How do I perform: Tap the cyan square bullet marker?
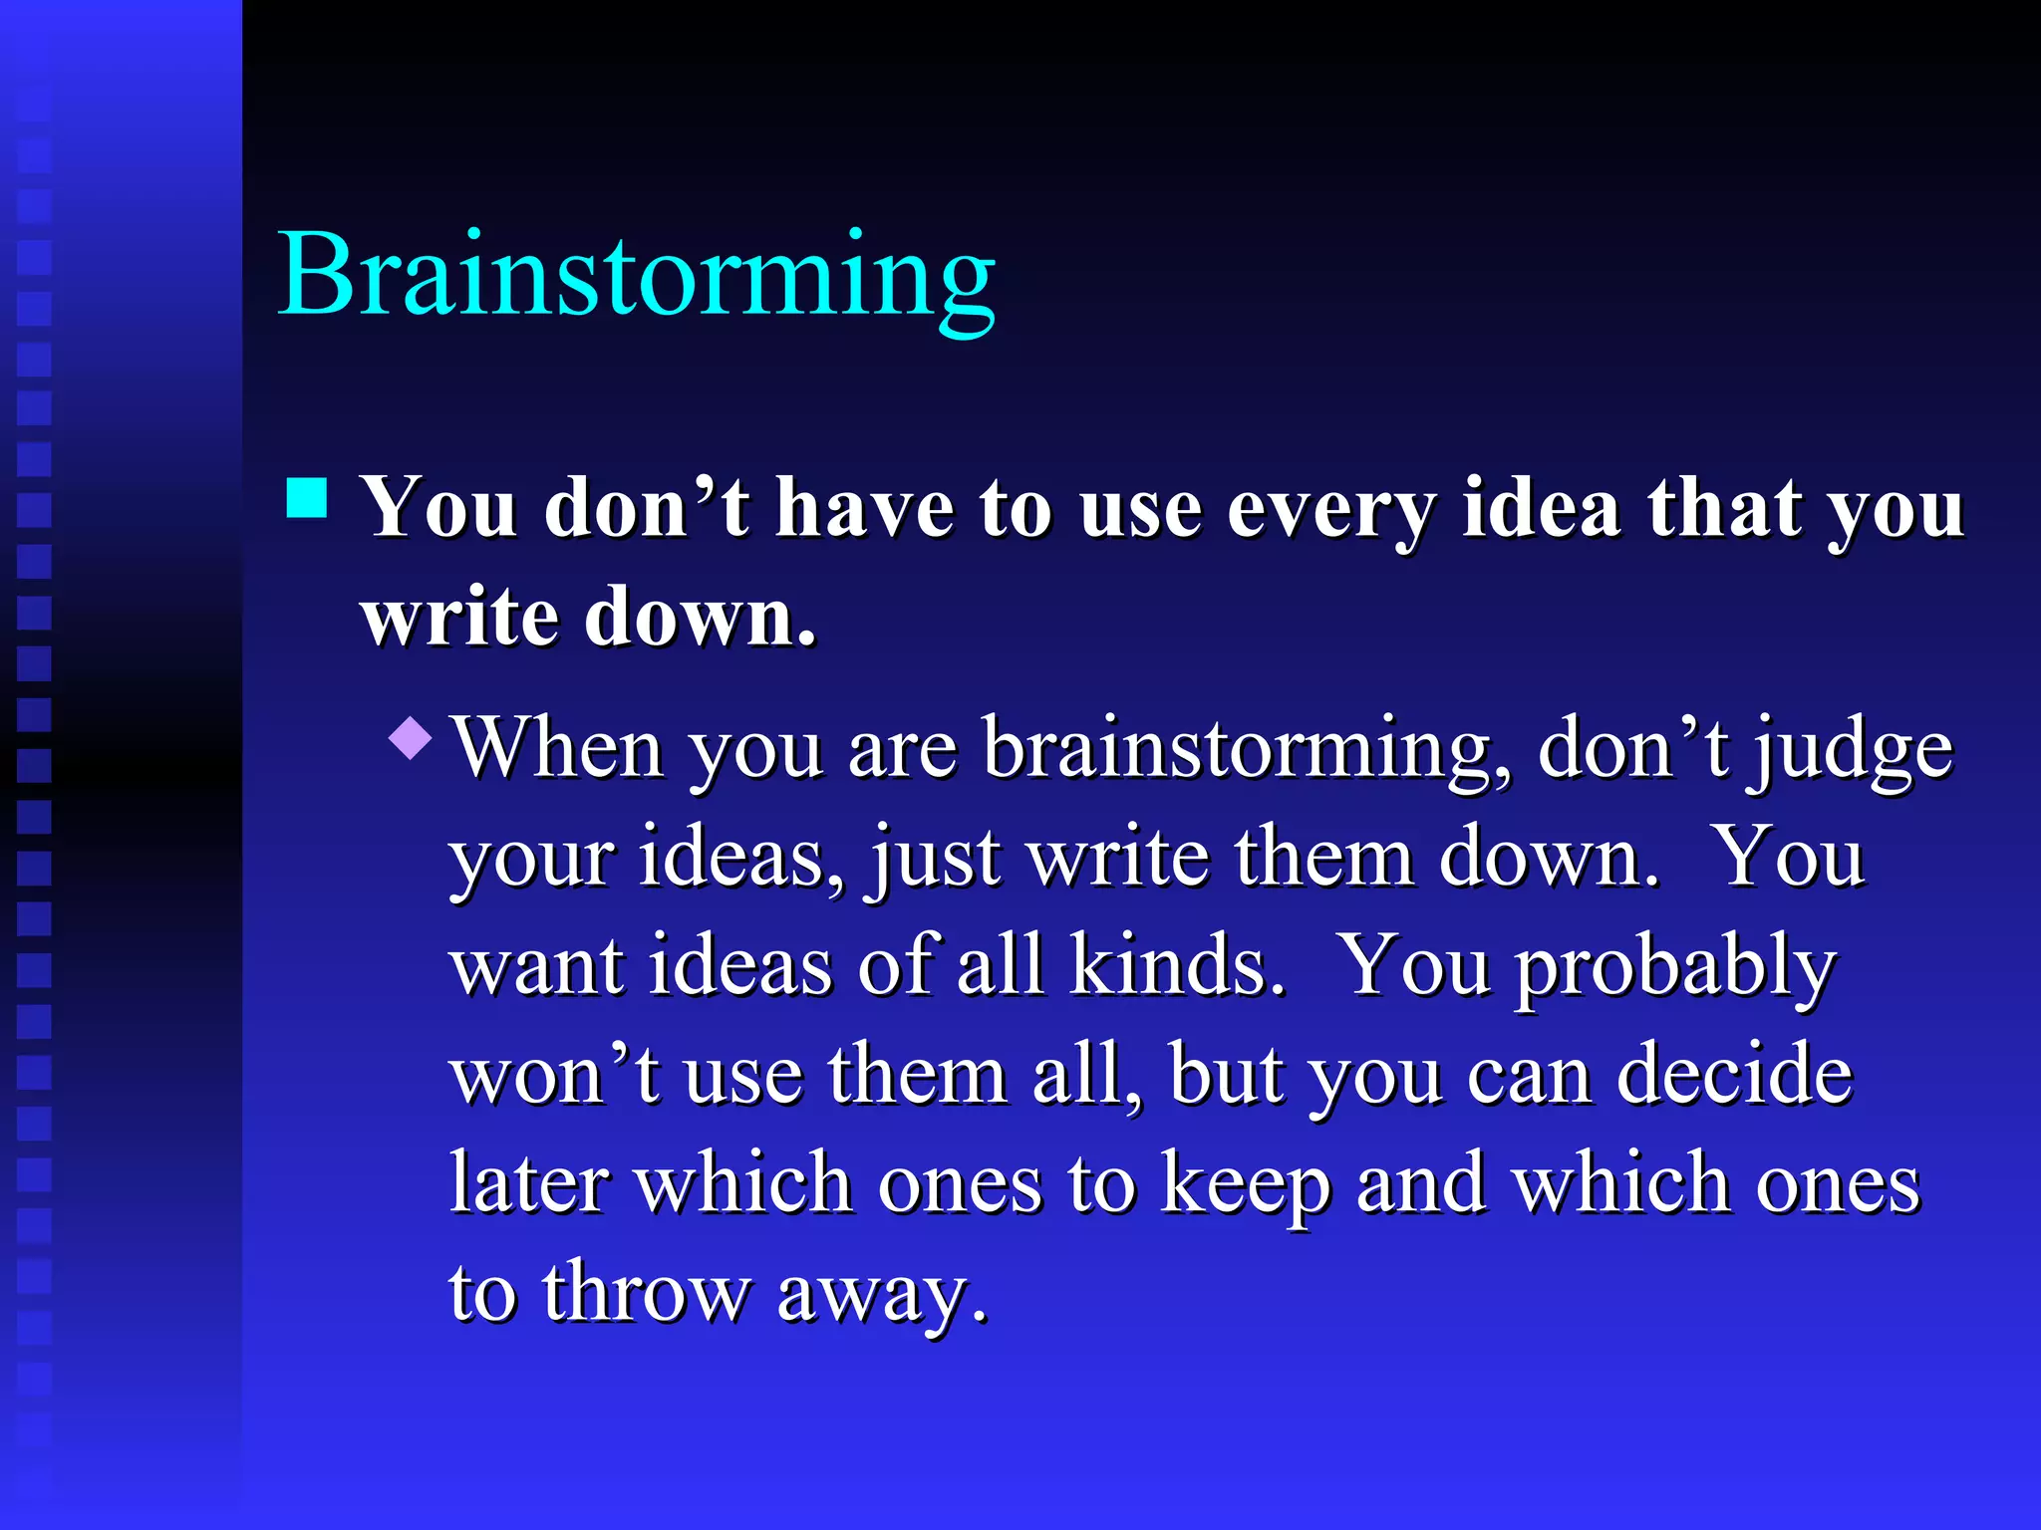[307, 498]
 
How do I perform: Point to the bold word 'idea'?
[1541, 508]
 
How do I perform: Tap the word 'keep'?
[1246, 1185]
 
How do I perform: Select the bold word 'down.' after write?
[701, 618]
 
